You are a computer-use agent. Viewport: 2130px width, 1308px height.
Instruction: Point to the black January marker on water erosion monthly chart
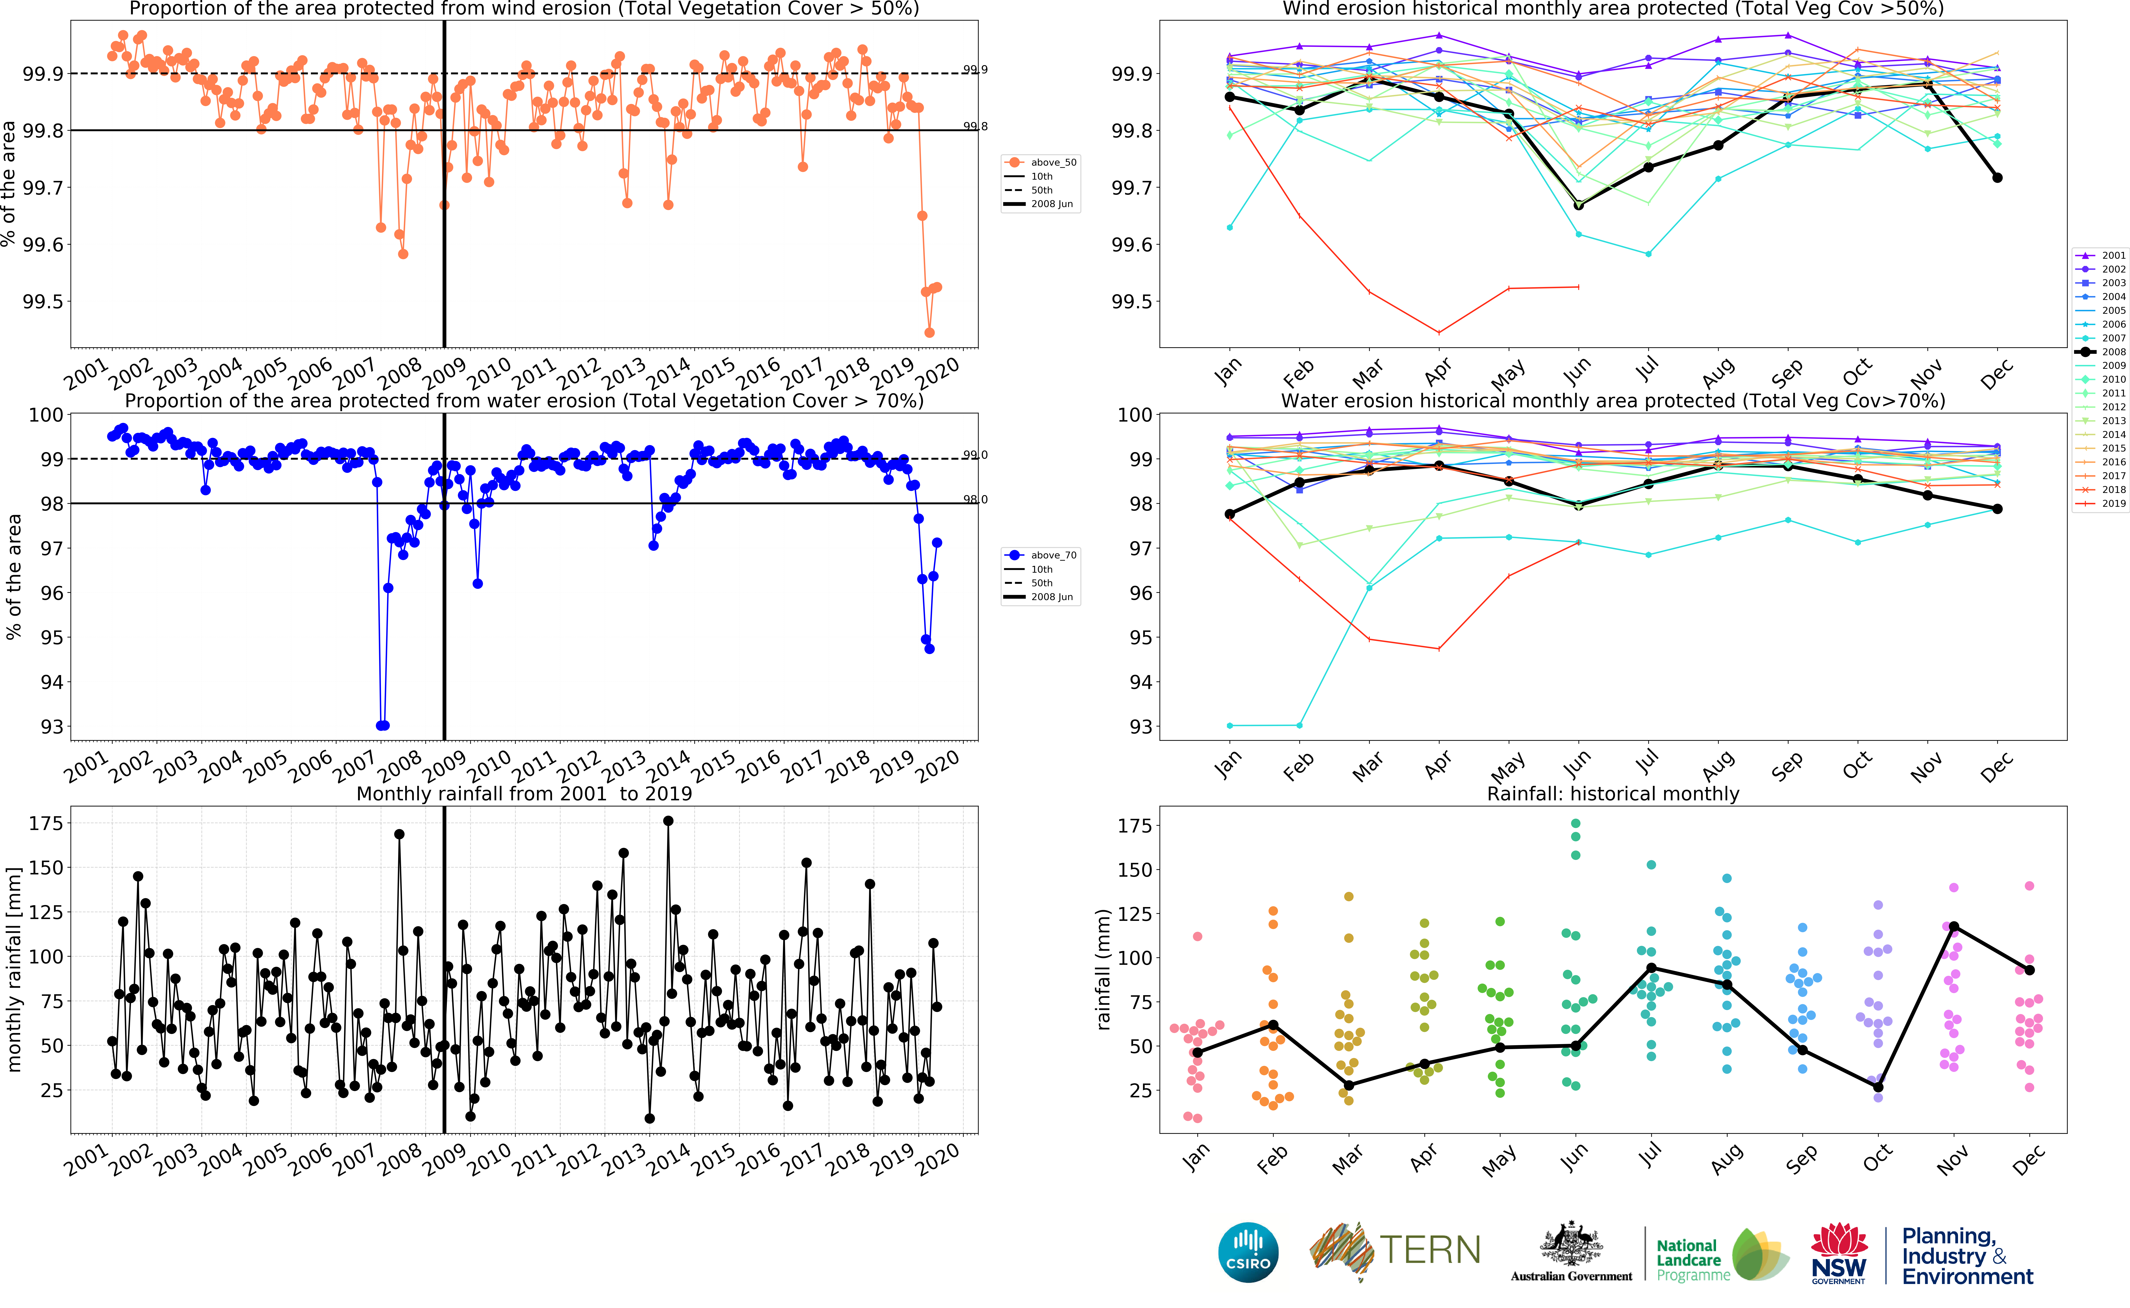point(1229,514)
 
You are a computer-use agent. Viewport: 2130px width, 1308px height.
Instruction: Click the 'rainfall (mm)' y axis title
point(1103,969)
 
